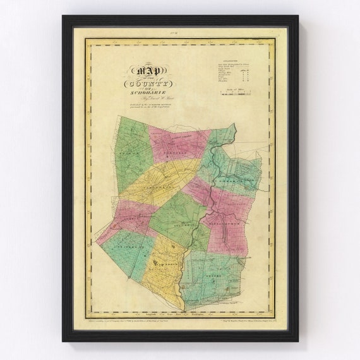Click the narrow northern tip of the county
pyautogui.click(x=233, y=128)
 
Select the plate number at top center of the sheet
pyautogui.click(x=180, y=30)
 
